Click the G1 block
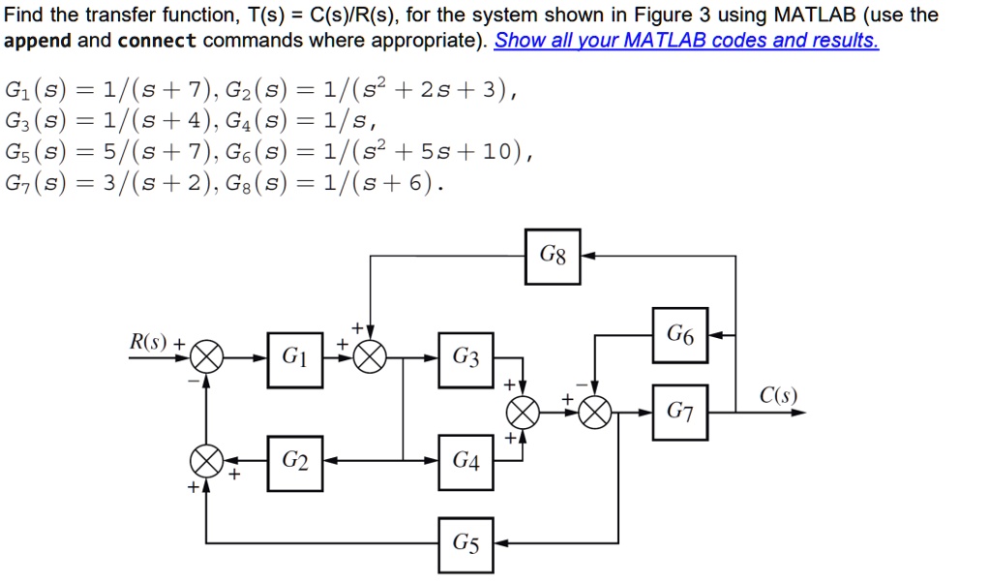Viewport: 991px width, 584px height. (295, 359)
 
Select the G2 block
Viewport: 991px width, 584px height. (295, 463)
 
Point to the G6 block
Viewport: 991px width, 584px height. (680, 335)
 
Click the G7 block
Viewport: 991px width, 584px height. (680, 412)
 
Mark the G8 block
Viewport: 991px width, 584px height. (553, 257)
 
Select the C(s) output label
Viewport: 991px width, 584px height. (778, 394)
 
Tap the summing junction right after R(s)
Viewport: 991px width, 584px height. (205, 359)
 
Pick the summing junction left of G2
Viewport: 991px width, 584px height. (205, 458)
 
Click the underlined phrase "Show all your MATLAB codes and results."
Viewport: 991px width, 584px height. (686, 41)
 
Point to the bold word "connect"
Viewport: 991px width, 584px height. (157, 41)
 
